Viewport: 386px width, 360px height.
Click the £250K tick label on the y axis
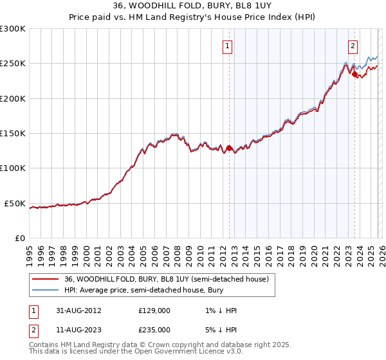coord(13,64)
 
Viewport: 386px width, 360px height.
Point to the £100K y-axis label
coord(13,168)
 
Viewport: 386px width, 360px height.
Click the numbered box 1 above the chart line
coord(228,46)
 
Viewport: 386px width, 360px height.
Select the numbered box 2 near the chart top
coord(353,46)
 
